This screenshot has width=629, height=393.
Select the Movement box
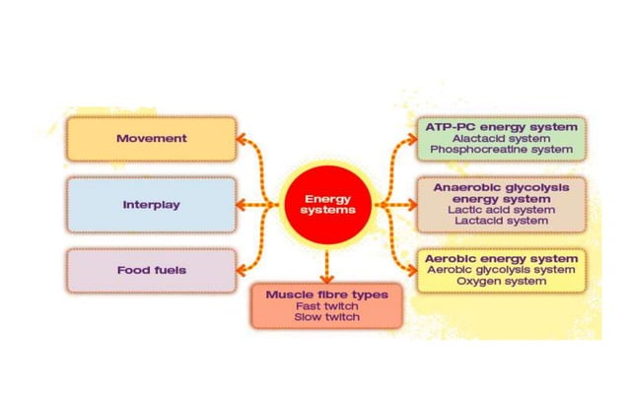pos(151,139)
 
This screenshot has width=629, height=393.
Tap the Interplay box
pos(151,205)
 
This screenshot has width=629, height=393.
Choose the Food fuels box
pos(151,270)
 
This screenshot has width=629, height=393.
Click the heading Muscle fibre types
pos(326,295)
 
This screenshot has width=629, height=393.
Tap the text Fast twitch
pos(326,306)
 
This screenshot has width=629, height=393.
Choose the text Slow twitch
pos(326,317)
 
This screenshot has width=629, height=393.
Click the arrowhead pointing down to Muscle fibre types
pos(326,278)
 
